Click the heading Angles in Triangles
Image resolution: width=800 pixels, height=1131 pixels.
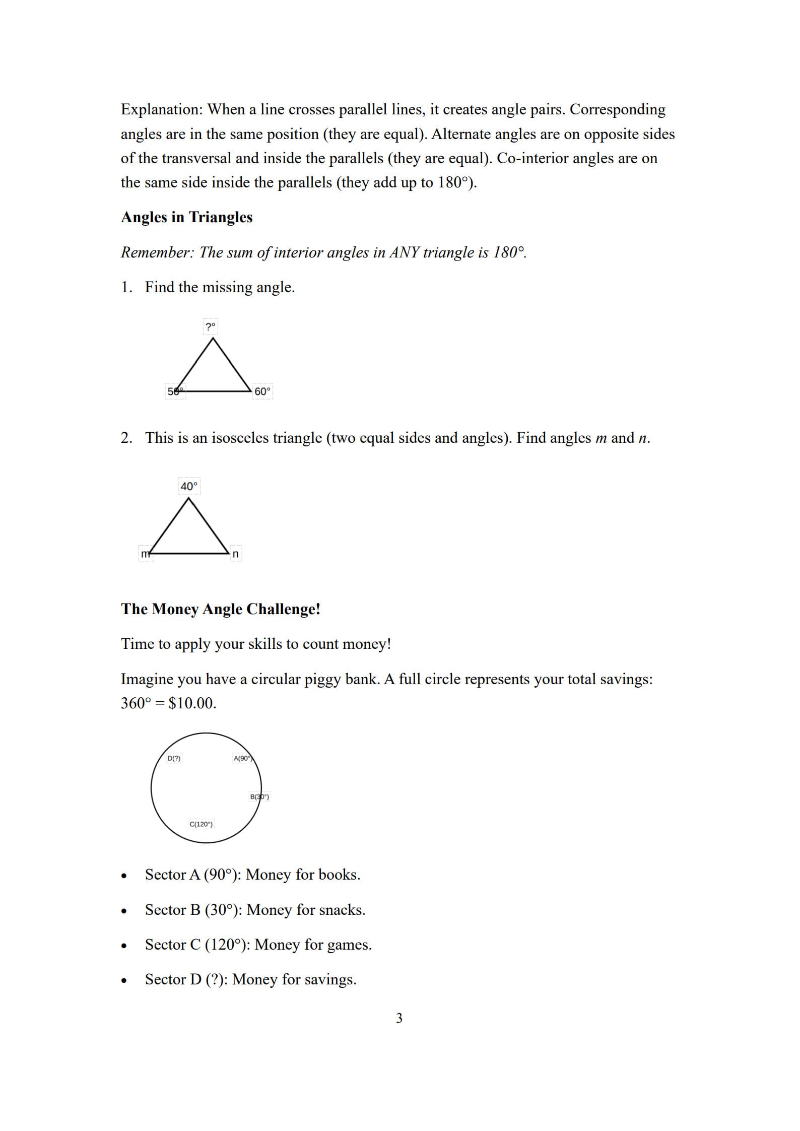(x=186, y=217)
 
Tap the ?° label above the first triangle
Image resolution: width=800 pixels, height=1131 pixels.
(x=211, y=326)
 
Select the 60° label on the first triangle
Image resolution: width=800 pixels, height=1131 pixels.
(x=262, y=391)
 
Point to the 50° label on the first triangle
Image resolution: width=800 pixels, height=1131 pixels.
(x=175, y=391)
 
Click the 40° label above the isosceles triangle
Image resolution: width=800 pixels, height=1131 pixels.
(x=189, y=486)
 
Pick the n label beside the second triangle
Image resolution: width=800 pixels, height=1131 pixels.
(x=235, y=554)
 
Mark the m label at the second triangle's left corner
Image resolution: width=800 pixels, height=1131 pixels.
(x=145, y=554)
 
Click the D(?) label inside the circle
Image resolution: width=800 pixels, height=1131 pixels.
(x=174, y=758)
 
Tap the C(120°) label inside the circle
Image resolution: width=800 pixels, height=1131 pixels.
(x=201, y=824)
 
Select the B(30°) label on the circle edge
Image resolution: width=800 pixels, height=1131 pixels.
(x=259, y=796)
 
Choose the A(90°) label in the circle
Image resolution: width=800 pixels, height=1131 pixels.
(x=243, y=758)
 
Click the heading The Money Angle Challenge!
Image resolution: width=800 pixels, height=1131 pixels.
(x=220, y=609)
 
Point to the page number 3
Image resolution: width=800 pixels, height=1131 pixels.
(x=399, y=1018)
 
